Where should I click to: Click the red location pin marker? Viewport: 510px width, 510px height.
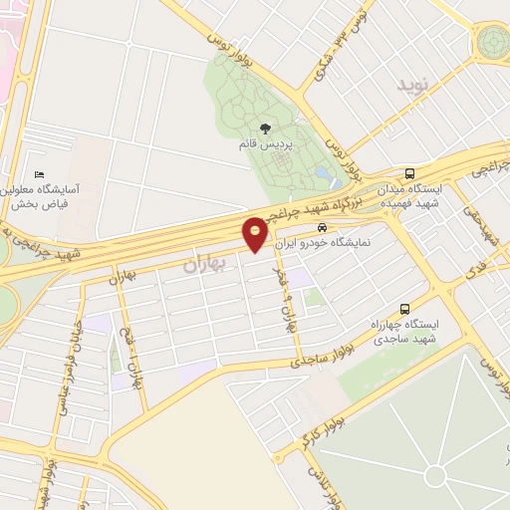255,232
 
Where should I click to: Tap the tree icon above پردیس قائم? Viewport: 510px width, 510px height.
264,127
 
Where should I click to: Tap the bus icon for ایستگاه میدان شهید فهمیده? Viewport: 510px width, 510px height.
411,172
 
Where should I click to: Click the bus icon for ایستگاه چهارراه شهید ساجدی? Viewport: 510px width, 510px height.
404,309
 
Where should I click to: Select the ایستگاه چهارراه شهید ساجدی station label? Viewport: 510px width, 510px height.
405,332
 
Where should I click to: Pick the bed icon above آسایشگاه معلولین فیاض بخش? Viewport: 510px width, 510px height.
39,175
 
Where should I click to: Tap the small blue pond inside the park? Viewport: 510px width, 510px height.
323,173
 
